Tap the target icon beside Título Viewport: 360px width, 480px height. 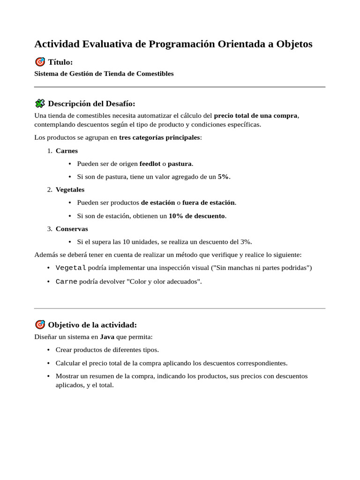[40, 62]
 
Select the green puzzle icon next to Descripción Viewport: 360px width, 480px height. [40, 104]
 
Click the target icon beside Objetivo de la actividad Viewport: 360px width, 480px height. [40, 325]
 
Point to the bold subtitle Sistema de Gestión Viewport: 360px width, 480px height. [104, 74]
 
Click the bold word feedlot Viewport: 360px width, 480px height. [150, 164]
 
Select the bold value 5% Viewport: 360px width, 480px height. [224, 177]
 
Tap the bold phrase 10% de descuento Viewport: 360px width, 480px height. [197, 216]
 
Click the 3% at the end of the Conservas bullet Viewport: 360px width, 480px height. [246, 242]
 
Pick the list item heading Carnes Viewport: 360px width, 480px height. [67, 151]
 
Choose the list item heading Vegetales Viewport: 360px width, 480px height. [70, 190]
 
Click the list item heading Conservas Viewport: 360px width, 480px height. [72, 229]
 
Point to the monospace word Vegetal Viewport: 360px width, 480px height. [71, 268]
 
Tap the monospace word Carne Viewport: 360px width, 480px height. [67, 282]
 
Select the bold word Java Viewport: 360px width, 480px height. [107, 337]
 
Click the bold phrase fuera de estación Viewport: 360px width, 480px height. [209, 202]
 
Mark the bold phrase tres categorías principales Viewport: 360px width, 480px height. [159, 137]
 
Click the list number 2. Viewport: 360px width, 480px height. [49, 190]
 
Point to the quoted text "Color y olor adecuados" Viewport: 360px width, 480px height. [164, 282]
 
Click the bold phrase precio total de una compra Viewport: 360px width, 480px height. [255, 116]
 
